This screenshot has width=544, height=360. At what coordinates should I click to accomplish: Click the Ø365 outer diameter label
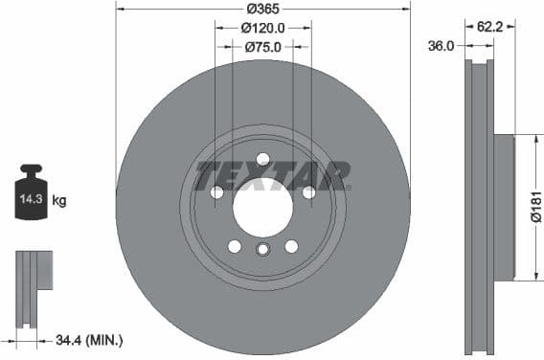[x=262, y=9]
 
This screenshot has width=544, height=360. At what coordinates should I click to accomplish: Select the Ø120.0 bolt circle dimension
[x=262, y=28]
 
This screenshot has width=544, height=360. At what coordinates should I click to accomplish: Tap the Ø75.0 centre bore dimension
[x=261, y=46]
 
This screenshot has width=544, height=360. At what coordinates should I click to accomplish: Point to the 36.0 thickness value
[x=442, y=45]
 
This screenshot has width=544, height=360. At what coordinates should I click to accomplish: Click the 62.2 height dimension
[x=490, y=28]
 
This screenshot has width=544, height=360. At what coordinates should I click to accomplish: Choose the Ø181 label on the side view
[x=536, y=205]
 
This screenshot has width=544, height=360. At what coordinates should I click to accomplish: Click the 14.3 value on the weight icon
[x=31, y=200]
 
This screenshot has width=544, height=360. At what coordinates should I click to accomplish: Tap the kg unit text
[x=59, y=200]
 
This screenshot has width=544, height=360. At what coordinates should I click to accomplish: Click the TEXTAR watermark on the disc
[x=273, y=176]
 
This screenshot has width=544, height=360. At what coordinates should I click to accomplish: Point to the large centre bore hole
[x=262, y=206]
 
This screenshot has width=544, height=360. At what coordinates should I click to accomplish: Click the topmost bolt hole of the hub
[x=262, y=159]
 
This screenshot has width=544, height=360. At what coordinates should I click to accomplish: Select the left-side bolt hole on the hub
[x=217, y=192]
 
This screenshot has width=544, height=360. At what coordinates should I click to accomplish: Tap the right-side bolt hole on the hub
[x=308, y=192]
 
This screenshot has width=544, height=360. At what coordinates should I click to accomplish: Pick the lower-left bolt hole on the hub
[x=235, y=246]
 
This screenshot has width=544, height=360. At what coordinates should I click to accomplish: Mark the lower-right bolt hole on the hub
[x=291, y=246]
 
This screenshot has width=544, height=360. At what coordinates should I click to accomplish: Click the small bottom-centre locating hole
[x=262, y=250]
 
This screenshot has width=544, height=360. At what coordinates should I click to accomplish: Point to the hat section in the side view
[x=504, y=207]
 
